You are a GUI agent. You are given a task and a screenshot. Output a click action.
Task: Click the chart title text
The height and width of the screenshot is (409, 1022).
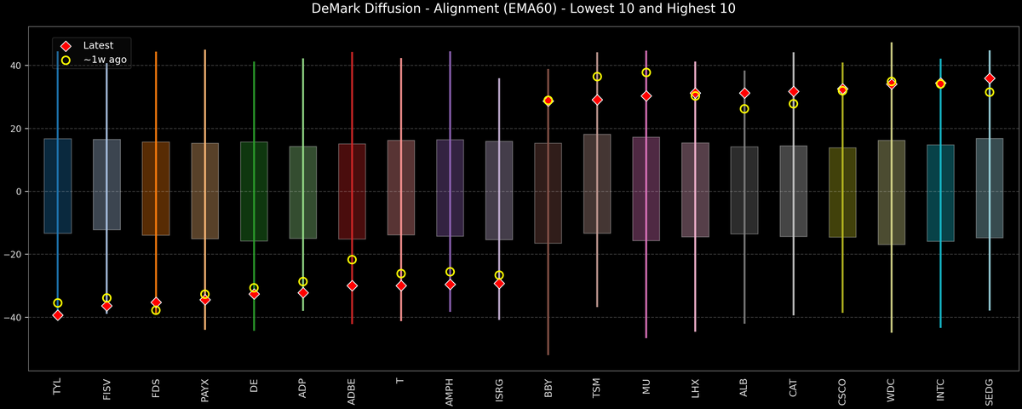pyautogui.click(x=511, y=9)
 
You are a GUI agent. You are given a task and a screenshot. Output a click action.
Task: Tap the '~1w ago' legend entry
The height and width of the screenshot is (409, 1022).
pyautogui.click(x=101, y=60)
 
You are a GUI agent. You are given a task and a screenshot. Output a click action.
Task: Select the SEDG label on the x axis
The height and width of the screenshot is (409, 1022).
pyautogui.click(x=990, y=389)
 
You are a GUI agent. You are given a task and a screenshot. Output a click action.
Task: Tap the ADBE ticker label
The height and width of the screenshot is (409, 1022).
pyautogui.click(x=352, y=389)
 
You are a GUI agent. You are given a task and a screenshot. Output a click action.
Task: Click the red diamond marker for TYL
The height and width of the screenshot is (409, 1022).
pyautogui.click(x=58, y=315)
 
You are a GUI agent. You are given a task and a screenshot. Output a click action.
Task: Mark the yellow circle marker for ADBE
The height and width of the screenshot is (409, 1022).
pyautogui.click(x=352, y=260)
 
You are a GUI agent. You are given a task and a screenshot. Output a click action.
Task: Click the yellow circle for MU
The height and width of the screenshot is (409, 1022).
pyautogui.click(x=646, y=72)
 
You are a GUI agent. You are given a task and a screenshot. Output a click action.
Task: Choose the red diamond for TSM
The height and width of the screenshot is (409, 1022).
pyautogui.click(x=597, y=100)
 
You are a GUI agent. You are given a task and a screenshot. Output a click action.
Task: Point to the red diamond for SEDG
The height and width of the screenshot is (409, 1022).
pyautogui.click(x=990, y=78)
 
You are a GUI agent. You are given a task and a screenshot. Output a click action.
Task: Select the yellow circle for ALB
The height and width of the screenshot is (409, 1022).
pyautogui.click(x=744, y=109)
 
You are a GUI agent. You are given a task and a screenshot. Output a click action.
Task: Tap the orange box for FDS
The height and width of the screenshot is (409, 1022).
pyautogui.click(x=156, y=188)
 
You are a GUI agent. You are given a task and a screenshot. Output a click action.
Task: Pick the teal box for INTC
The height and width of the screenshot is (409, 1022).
pyautogui.click(x=940, y=193)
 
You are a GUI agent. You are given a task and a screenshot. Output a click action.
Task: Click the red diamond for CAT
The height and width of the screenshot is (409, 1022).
pyautogui.click(x=794, y=91)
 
